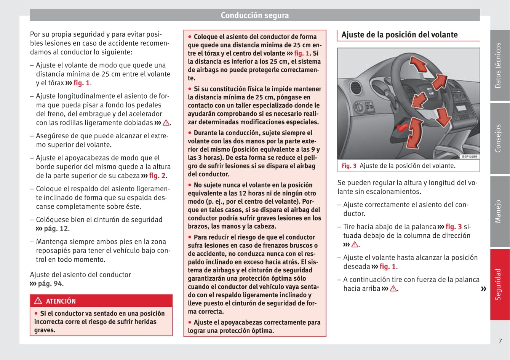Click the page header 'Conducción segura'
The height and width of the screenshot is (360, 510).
pos(254,15)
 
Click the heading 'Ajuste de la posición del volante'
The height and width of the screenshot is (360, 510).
pos(399,35)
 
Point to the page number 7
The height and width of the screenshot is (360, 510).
pos(500,341)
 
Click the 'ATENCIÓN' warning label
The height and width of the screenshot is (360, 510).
pos(61,301)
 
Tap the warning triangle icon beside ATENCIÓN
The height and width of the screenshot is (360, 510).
pos(38,301)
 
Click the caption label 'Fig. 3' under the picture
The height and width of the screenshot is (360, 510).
pos(349,166)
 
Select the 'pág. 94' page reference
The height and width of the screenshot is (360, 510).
pos(50,283)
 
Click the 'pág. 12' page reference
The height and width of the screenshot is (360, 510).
pos(56,229)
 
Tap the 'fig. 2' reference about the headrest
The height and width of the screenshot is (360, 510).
pos(157,176)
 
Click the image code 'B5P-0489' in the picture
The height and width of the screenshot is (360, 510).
pos(469,157)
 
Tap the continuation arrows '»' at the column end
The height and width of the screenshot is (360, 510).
pos(483,289)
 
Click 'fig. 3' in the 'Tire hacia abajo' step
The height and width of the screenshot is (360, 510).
pos(453,227)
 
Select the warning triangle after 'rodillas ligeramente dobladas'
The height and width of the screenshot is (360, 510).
pos(166,123)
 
